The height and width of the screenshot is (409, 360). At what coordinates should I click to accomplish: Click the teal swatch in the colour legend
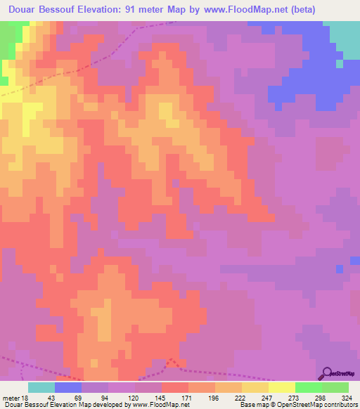(41, 387)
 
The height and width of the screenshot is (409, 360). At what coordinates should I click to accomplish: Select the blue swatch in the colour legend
(67, 387)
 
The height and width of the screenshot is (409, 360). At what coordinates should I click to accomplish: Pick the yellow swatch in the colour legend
(282, 387)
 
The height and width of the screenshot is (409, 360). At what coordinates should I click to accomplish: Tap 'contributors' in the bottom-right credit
(336, 405)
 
